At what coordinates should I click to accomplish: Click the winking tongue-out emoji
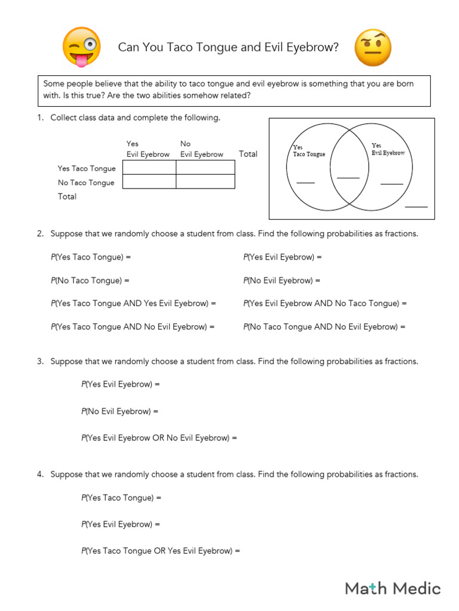tap(81, 47)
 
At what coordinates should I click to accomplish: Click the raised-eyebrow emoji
tap(373, 48)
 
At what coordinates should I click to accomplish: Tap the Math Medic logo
tap(393, 588)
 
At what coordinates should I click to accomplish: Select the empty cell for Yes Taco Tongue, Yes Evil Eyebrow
tap(149, 168)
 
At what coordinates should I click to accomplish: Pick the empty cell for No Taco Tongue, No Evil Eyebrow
tap(205, 181)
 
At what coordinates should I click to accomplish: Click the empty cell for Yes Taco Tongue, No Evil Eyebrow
tap(205, 168)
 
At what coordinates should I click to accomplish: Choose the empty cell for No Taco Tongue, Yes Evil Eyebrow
tap(149, 181)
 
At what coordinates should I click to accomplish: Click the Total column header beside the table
tap(248, 154)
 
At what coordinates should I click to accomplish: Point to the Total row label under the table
tap(67, 196)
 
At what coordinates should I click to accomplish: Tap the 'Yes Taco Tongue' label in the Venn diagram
tap(308, 151)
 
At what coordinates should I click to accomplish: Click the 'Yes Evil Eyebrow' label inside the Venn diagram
tap(388, 149)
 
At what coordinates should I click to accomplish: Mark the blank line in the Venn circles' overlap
tap(348, 177)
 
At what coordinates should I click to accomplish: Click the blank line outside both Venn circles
tap(417, 206)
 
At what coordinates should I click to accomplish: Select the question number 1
tap(40, 118)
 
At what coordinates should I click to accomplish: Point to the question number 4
tap(40, 474)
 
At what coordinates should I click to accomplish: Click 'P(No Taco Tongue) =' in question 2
tap(90, 280)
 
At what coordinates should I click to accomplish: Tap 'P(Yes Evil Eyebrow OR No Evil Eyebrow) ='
tap(159, 438)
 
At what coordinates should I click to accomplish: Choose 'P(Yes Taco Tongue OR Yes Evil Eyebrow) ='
tap(160, 551)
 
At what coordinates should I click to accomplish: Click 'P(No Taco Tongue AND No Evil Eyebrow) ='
tap(324, 327)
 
